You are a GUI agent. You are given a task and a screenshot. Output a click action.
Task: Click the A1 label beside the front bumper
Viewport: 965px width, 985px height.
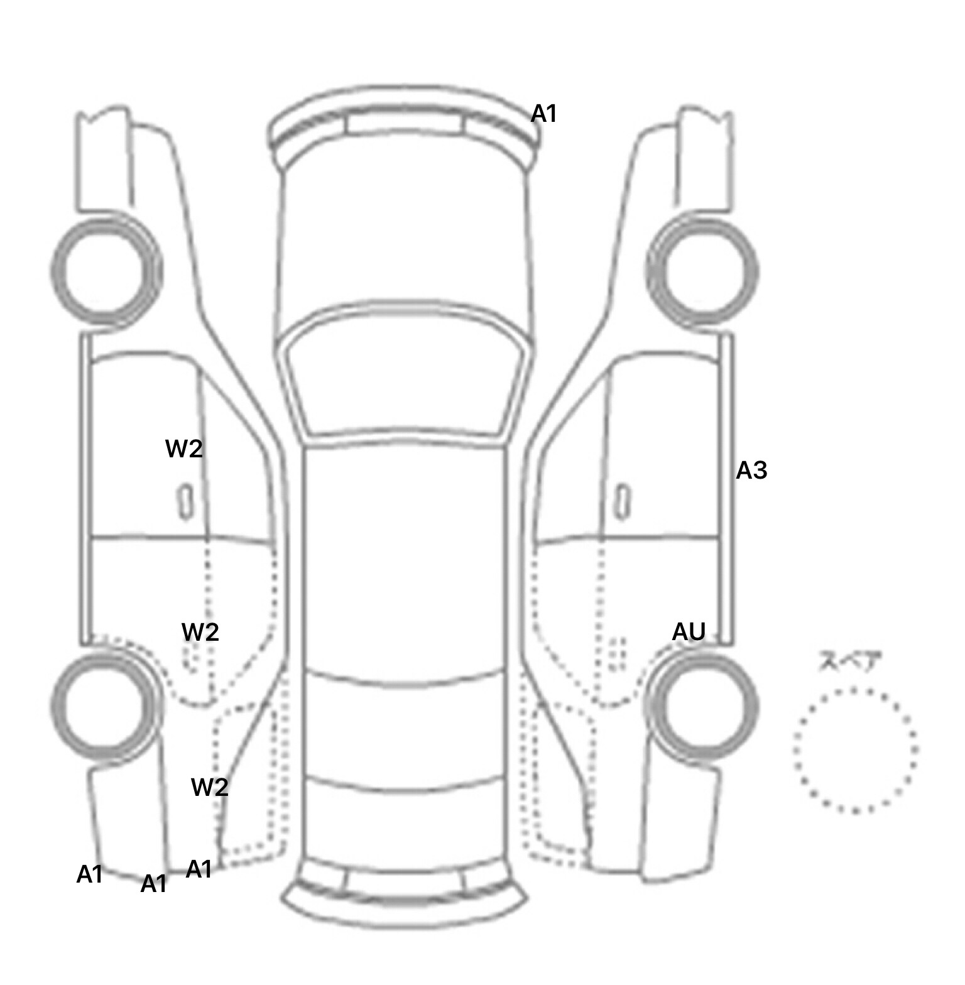(544, 114)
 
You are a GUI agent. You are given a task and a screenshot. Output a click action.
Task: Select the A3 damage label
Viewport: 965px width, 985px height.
(751, 470)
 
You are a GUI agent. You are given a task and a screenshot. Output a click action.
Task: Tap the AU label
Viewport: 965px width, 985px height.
(689, 631)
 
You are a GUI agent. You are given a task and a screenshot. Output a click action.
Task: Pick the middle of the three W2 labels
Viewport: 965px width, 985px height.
(200, 631)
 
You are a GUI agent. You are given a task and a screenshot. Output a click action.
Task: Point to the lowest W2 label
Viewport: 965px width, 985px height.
(209, 786)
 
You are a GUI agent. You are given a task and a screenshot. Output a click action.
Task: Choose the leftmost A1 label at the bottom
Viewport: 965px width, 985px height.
(89, 874)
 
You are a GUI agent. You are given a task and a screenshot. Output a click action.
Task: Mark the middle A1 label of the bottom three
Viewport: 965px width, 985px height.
(153, 884)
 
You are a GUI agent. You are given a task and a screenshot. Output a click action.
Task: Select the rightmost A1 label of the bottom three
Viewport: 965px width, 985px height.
(199, 869)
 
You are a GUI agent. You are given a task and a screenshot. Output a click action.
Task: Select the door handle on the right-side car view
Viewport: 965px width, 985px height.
(622, 502)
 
